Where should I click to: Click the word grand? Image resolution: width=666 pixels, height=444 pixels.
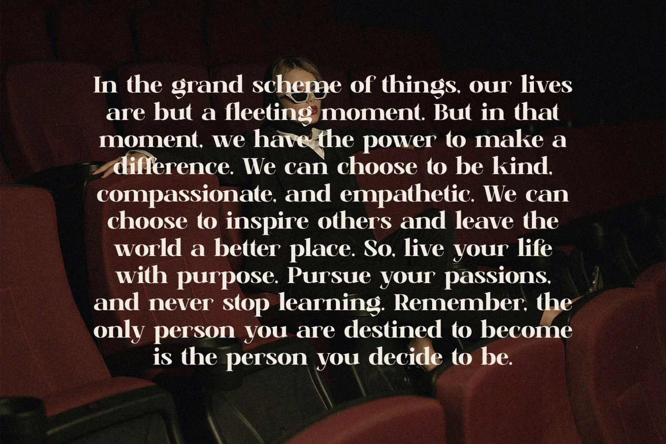207,86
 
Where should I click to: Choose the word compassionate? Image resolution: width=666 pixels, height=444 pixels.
186,195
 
